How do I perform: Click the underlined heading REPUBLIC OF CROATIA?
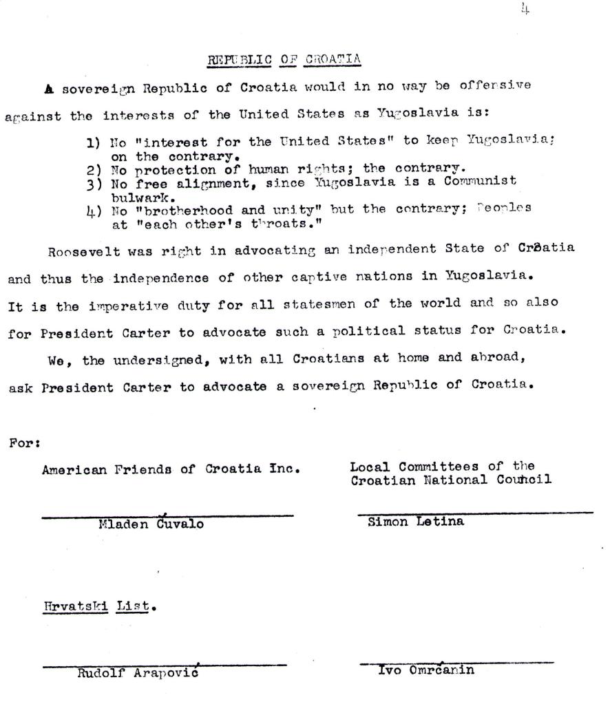tap(284, 59)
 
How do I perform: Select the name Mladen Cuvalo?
tap(151, 524)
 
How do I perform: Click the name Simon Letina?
tap(416, 522)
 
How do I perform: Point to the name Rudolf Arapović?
tap(138, 674)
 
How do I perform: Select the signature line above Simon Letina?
tap(475, 513)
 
